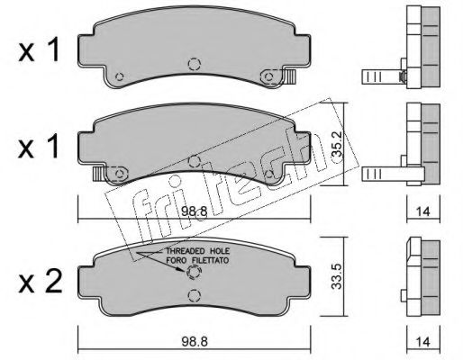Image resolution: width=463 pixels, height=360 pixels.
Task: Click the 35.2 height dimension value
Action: pos(337,145)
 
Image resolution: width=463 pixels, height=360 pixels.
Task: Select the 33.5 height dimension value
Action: pos(337,276)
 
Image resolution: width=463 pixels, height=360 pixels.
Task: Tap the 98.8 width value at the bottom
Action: pos(195,342)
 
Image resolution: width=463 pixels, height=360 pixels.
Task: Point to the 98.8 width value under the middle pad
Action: pos(195,212)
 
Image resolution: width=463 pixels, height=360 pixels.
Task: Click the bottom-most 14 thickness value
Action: pos(423,342)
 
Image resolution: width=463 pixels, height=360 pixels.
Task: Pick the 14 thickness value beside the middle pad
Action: pos(423,211)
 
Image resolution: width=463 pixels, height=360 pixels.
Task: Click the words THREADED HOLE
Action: pos(198,251)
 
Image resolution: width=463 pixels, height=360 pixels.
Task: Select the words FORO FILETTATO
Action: pos(197,260)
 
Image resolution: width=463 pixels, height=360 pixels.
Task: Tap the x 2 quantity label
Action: pos(41,282)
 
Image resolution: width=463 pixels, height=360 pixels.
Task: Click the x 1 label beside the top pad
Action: pos(39,51)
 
